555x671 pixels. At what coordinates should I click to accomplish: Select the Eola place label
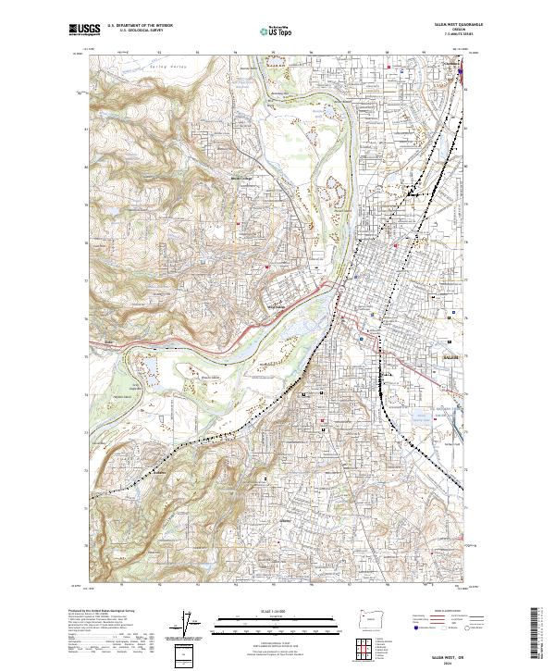[108, 343]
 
